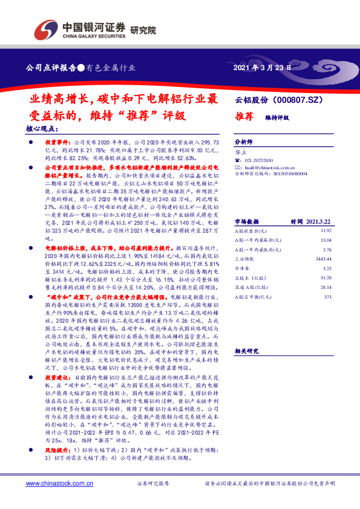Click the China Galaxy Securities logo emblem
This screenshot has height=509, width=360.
(47, 28)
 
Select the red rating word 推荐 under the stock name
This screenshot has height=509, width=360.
(244, 116)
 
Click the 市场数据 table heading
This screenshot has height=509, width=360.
(246, 204)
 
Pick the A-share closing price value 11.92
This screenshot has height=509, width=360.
(326, 213)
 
